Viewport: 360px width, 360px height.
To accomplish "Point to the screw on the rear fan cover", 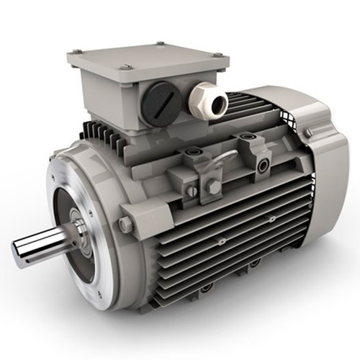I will click(x=307, y=134).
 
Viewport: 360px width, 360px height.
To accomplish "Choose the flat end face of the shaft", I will click(x=18, y=253).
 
